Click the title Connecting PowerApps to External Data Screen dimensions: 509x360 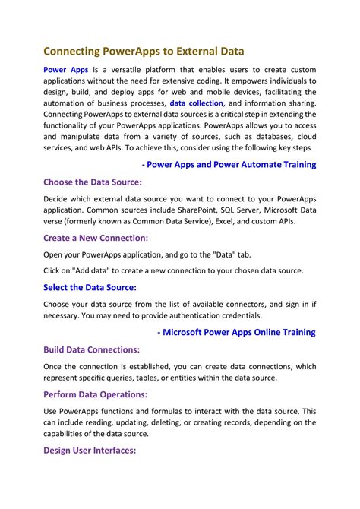click(144, 51)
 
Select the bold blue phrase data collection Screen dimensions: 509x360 click(196, 103)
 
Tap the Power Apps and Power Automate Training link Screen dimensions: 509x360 click(229, 164)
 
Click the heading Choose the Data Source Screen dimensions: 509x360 click(93, 182)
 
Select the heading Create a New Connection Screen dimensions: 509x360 click(96, 238)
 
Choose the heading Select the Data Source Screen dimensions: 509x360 click(90, 287)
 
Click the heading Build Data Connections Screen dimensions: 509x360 click(92, 349)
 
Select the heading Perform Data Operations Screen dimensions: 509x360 click(95, 394)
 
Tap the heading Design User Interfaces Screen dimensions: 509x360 click(90, 451)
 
